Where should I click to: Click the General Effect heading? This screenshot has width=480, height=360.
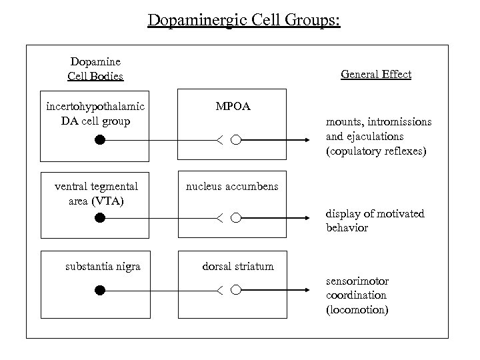pyautogui.click(x=376, y=74)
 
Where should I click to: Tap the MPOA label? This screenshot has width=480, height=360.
pyautogui.click(x=233, y=106)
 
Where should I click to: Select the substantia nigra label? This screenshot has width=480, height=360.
pyautogui.click(x=103, y=267)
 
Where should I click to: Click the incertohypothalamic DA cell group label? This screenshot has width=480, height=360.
pyautogui.click(x=95, y=113)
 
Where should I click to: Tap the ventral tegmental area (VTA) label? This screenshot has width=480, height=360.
pyautogui.click(x=96, y=193)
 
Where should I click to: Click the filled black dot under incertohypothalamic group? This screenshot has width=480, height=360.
pyautogui.click(x=99, y=140)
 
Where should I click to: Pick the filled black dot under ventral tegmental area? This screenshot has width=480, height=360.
pyautogui.click(x=99, y=217)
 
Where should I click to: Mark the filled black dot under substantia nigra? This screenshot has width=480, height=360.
pyautogui.click(x=99, y=290)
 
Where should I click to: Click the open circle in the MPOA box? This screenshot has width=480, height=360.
pyautogui.click(x=235, y=140)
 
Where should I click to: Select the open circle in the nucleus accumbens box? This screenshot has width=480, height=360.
pyautogui.click(x=235, y=217)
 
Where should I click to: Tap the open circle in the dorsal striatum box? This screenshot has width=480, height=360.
pyautogui.click(x=235, y=290)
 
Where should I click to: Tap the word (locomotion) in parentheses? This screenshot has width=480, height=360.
pyautogui.click(x=357, y=310)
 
